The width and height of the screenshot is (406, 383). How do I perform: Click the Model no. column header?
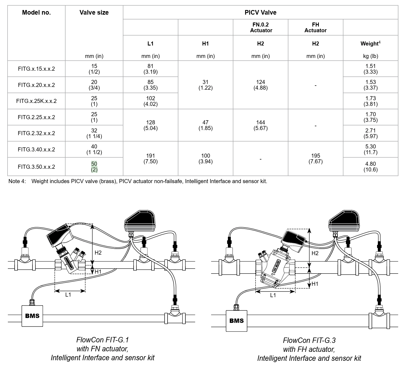coord(36,12)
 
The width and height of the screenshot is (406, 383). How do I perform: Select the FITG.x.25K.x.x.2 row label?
coord(36,101)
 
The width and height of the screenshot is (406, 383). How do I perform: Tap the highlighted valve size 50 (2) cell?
coord(94,167)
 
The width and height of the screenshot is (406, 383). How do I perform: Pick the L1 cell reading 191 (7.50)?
coord(150,158)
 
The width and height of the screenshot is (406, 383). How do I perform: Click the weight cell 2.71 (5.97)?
coord(371,133)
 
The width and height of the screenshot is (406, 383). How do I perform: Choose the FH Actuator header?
coord(315,27)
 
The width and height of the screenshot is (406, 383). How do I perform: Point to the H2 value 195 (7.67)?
coord(315,158)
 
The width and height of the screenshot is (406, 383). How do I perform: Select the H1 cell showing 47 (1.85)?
coord(205,125)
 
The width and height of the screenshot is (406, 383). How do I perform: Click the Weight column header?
coord(371,43)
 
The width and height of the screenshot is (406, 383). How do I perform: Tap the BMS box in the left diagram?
coord(32,316)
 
